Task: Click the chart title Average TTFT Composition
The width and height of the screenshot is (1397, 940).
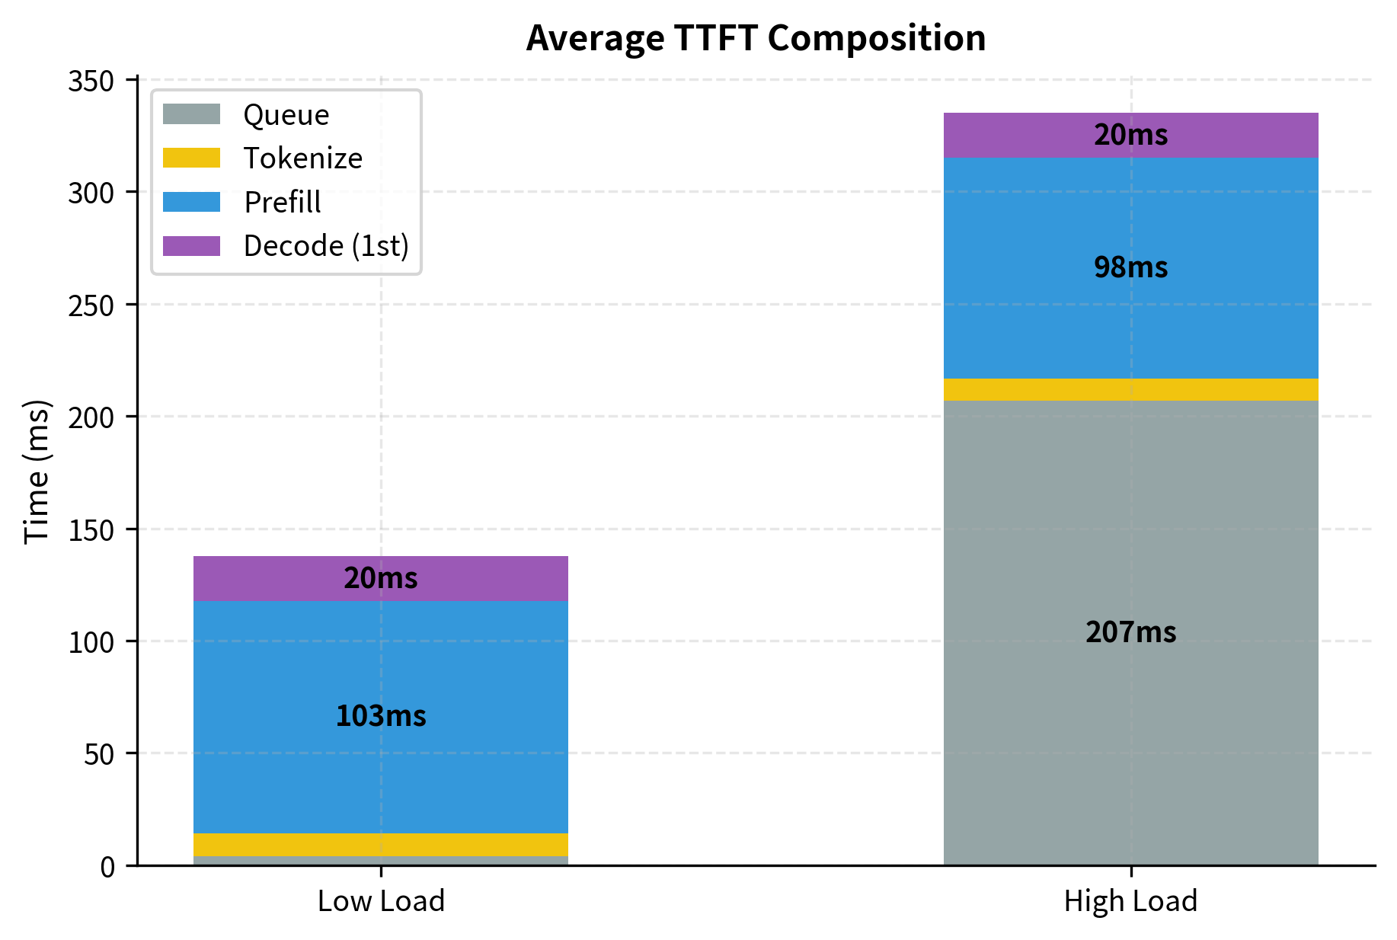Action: pyautogui.click(x=756, y=38)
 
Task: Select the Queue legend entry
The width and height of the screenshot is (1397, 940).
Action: pyautogui.click(x=286, y=115)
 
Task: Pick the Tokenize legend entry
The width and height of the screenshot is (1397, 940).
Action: pyautogui.click(x=302, y=158)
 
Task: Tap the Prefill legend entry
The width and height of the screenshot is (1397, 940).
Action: pyautogui.click(x=282, y=203)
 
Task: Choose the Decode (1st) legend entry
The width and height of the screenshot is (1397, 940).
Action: pyautogui.click(x=326, y=246)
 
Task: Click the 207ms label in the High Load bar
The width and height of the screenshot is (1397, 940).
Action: pyautogui.click(x=1130, y=632)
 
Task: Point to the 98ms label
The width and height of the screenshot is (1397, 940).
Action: pyautogui.click(x=1130, y=267)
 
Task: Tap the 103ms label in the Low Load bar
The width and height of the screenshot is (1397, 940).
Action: pyautogui.click(x=381, y=716)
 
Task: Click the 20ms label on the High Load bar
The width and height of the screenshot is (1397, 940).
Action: pyautogui.click(x=1130, y=135)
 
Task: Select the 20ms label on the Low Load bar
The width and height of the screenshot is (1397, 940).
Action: pyautogui.click(x=381, y=578)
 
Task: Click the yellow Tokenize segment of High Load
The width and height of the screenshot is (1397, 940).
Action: pyautogui.click(x=1130, y=389)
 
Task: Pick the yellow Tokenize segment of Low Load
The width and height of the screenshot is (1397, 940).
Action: pyautogui.click(x=381, y=844)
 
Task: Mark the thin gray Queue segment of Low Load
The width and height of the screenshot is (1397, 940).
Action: pyautogui.click(x=381, y=861)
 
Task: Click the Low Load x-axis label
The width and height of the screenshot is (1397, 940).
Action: pyautogui.click(x=381, y=901)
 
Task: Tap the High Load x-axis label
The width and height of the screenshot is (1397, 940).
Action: pyautogui.click(x=1130, y=901)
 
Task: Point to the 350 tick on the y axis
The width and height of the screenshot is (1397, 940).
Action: pyautogui.click(x=91, y=82)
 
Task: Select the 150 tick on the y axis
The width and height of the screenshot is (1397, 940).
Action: pyautogui.click(x=91, y=530)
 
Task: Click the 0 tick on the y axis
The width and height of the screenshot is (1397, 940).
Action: pyautogui.click(x=107, y=867)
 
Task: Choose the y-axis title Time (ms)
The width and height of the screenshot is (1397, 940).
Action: pyautogui.click(x=37, y=472)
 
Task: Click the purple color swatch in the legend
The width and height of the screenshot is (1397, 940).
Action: pyautogui.click(x=191, y=246)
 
